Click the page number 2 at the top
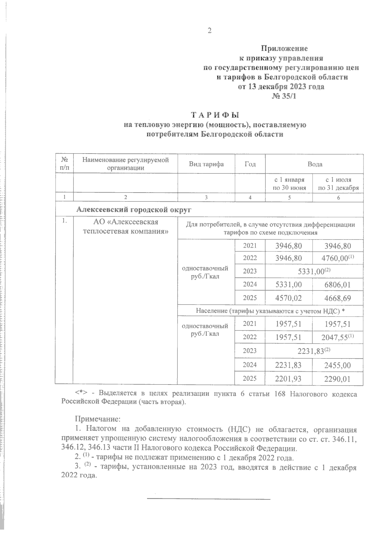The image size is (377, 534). coord(209,31)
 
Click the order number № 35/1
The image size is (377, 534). coord(284,96)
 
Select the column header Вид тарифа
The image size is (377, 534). coord(206,164)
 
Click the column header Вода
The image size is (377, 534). coord(314,164)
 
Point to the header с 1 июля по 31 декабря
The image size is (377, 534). coord(338,184)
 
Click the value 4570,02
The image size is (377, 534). coord(288,298)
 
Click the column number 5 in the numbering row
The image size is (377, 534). coord(289,198)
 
